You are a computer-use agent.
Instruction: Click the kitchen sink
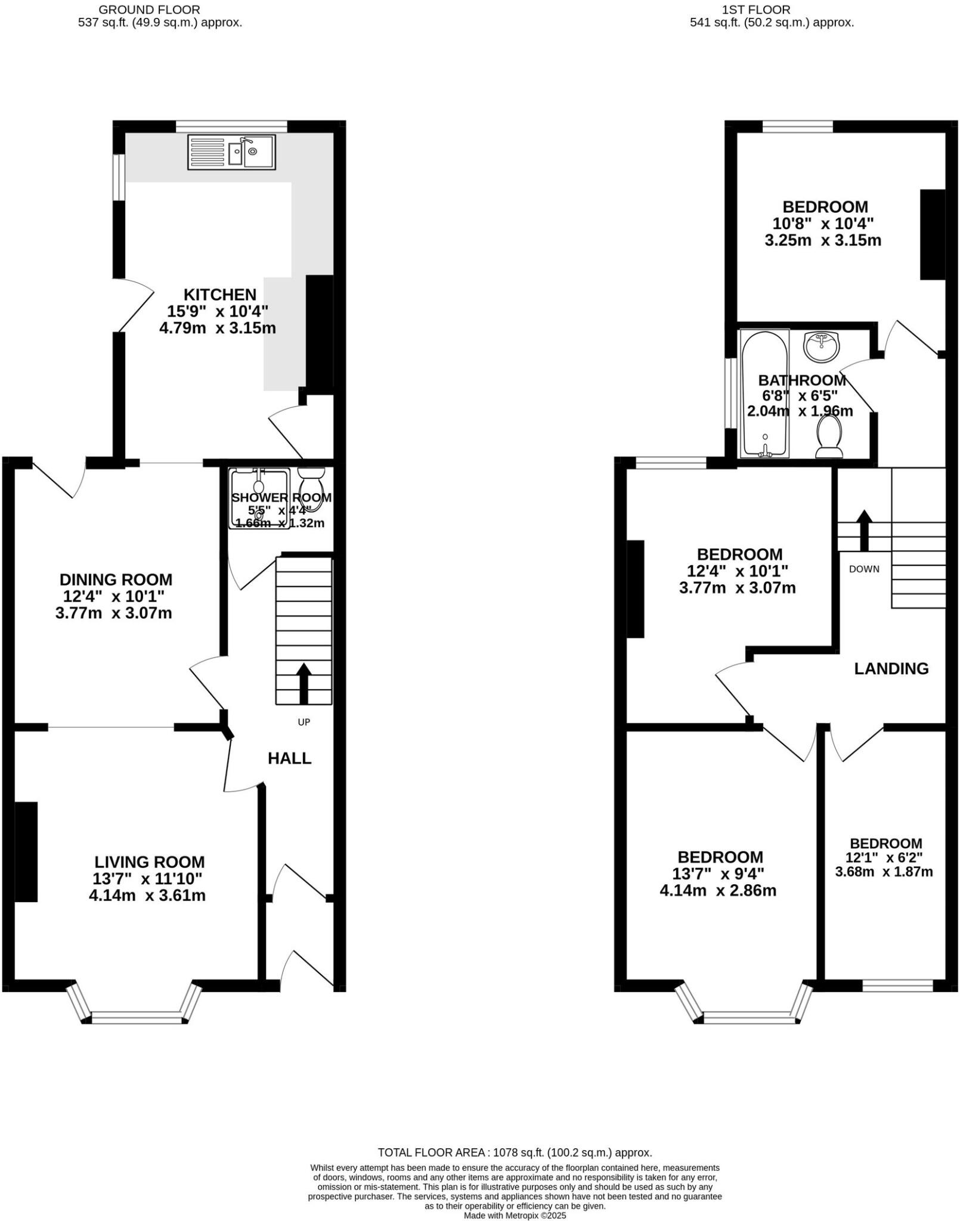[x=231, y=152]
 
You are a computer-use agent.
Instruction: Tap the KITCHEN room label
[x=219, y=295]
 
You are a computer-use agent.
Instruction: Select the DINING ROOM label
[x=116, y=579]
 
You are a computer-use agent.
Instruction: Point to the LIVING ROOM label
[x=149, y=862]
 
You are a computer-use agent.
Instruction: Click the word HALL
[x=289, y=758]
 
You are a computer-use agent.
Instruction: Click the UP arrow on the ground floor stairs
[x=304, y=683]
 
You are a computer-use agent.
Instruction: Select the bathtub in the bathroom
[x=764, y=393]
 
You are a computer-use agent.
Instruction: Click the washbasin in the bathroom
[x=821, y=346]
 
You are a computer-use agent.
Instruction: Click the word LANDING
[x=891, y=669]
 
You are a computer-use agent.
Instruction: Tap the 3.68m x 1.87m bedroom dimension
[x=884, y=872]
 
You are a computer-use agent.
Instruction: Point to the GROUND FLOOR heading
[x=149, y=10]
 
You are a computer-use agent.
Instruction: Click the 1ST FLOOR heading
[x=755, y=10]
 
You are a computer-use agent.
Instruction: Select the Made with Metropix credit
[x=515, y=1216]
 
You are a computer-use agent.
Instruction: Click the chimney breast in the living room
[x=26, y=851]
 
